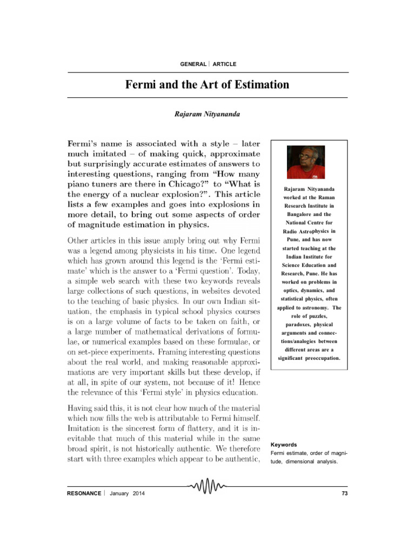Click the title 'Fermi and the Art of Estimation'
tap(207, 85)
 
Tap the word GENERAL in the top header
tap(193, 64)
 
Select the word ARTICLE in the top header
tap(224, 64)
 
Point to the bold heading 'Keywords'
tap(283, 445)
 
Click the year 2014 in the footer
tap(139, 494)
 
